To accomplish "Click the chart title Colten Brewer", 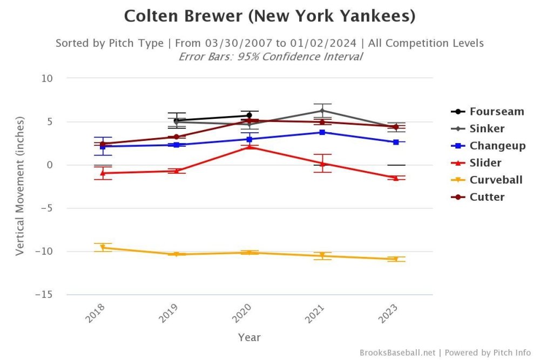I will [269, 16].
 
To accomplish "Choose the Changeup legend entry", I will [497, 146].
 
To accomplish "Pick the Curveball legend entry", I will [496, 180].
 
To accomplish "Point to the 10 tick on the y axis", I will [47, 78].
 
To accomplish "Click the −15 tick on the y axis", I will [44, 295].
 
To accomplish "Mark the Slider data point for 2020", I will [249, 146].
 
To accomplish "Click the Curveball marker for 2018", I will [103, 248].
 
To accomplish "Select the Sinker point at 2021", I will [322, 111].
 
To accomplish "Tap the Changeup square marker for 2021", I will [322, 132].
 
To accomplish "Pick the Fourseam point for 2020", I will [249, 116].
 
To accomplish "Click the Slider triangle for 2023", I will [396, 178].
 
